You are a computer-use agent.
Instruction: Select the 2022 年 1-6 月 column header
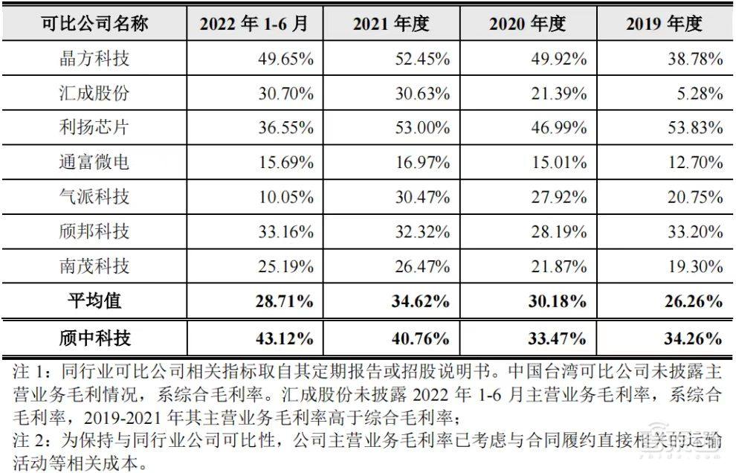pyautogui.click(x=253, y=24)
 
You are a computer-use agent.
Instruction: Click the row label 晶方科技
pyautogui.click(x=94, y=59)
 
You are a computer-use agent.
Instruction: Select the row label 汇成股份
pyautogui.click(x=94, y=93)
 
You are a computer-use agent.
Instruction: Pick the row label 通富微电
pyautogui.click(x=94, y=161)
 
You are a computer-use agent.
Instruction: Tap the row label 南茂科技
pyautogui.click(x=94, y=266)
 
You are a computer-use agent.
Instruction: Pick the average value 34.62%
pyautogui.click(x=418, y=302)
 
